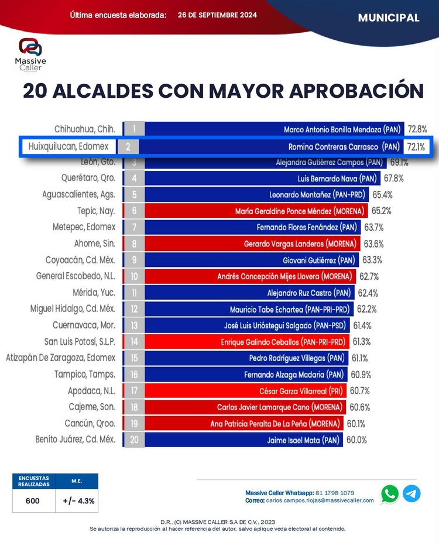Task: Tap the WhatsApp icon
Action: pos(389,493)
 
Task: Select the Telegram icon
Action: pos(411,493)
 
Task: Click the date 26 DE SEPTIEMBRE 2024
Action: pos(217,15)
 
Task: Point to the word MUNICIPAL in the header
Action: pos(388,18)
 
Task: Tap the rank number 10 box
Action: pos(134,276)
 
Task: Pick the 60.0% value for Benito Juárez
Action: pos(356,440)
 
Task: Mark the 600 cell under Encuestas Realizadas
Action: pos(33,500)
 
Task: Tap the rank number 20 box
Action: pos(134,440)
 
